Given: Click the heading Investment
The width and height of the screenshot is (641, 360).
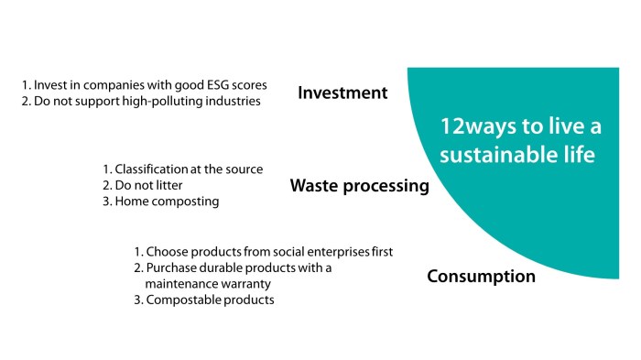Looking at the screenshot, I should [x=342, y=93].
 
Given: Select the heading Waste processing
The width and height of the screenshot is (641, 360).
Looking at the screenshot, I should [x=359, y=186].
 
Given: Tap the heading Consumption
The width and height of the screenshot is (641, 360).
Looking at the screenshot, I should [x=481, y=276].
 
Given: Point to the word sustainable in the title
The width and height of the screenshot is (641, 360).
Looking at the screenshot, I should [x=486, y=155].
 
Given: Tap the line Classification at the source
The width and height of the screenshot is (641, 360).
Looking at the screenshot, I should [x=182, y=169].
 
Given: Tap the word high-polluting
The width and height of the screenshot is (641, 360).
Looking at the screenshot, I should [x=161, y=101].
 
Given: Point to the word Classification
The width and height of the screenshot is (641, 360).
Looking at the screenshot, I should [x=153, y=169].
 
